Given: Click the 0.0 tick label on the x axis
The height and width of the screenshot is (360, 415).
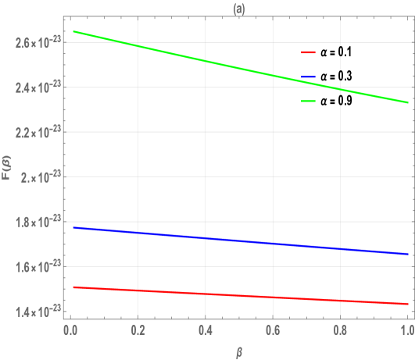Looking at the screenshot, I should (x=69, y=330).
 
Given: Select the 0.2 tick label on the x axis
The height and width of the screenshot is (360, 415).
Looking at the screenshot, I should (x=136, y=330).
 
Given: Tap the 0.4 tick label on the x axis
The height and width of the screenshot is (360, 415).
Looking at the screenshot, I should (x=205, y=330).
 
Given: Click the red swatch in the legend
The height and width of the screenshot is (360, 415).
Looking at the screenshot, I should (x=308, y=52).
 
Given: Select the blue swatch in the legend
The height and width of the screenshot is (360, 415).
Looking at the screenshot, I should (x=308, y=77).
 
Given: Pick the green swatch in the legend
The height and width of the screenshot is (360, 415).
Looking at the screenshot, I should (x=308, y=102).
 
